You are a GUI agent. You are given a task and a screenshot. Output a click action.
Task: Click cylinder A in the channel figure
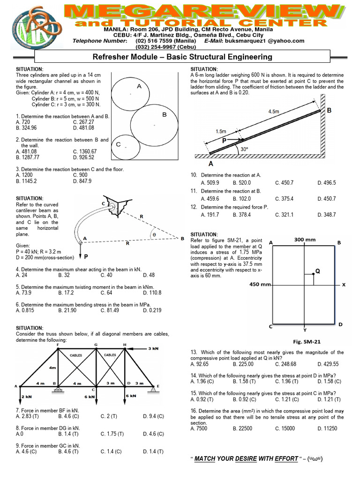coord(131,94)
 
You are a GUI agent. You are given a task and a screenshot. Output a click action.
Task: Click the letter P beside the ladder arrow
coord(225,140)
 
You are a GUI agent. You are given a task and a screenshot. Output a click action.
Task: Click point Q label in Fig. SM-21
coord(317,270)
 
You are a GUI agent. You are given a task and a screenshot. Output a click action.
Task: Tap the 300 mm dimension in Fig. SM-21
coord(305,240)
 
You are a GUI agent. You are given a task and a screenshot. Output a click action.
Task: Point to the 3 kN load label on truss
coord(153,349)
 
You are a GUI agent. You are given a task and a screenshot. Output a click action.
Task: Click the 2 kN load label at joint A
coord(26,396)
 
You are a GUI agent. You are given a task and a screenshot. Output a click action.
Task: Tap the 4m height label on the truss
coord(53,367)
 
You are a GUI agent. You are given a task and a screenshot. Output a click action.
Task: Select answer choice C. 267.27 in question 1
coord(85,122)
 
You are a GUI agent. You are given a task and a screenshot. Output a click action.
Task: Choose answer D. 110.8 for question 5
coord(152,292)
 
